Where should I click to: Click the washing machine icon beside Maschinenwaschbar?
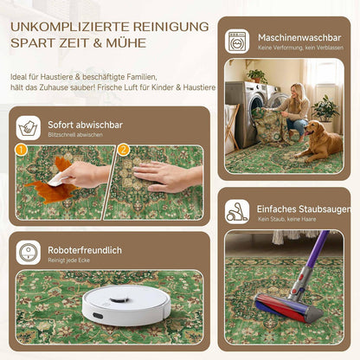click(237, 41)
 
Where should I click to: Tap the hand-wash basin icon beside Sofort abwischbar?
click(29, 128)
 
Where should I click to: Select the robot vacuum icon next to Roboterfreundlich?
click(29, 253)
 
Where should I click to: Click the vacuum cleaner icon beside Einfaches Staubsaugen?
click(237, 212)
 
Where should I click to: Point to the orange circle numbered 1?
click(22, 150)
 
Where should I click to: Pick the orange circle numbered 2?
click(124, 150)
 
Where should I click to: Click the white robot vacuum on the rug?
click(126, 305)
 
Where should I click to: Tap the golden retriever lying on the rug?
click(319, 141)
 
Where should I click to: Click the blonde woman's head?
click(296, 91)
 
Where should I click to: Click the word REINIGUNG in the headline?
click(170, 27)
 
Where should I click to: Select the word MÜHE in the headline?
click(126, 42)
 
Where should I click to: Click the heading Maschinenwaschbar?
click(299, 38)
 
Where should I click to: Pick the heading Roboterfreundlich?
click(85, 250)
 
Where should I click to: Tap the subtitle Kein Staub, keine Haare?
click(287, 219)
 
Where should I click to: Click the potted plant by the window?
click(326, 111)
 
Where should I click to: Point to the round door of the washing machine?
click(256, 103)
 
